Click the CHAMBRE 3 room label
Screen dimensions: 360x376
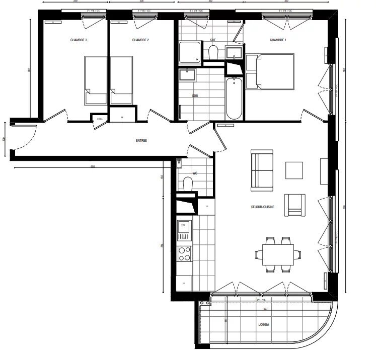pos(79,40)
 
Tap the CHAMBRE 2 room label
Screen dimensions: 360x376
pos(140,40)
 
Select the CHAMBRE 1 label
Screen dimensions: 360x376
pos(278,40)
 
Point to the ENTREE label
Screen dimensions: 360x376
pos(141,141)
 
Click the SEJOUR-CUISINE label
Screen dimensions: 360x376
pos(262,207)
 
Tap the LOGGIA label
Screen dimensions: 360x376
pos(263,325)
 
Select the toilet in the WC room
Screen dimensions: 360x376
pos(189,184)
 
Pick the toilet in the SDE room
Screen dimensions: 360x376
pos(213,51)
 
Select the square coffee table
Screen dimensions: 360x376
pos(294,170)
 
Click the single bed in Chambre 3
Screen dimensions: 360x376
pos(96,80)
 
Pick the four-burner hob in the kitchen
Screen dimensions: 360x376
pos(184,254)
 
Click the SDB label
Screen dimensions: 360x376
pos(195,95)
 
